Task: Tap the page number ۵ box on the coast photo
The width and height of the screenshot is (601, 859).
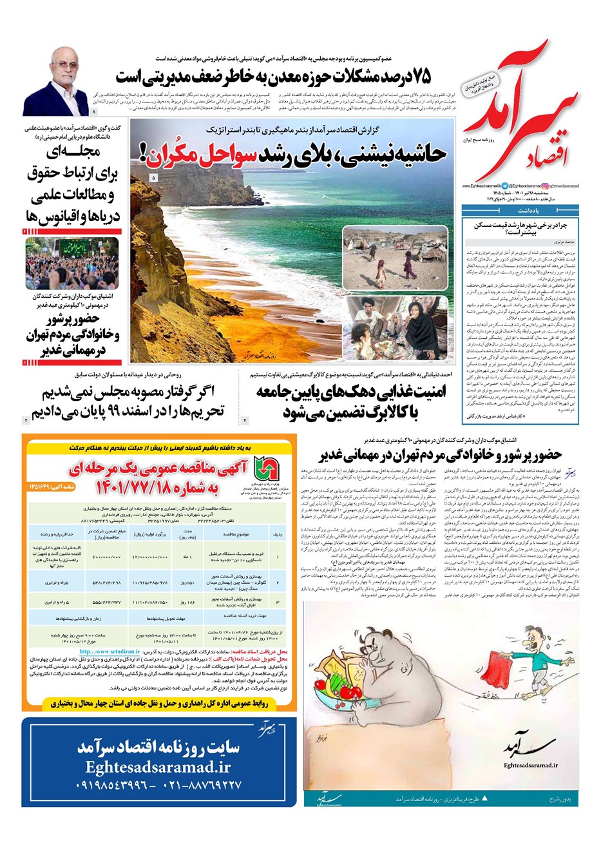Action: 153,177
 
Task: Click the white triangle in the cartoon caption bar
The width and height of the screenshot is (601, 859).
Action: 484,798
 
